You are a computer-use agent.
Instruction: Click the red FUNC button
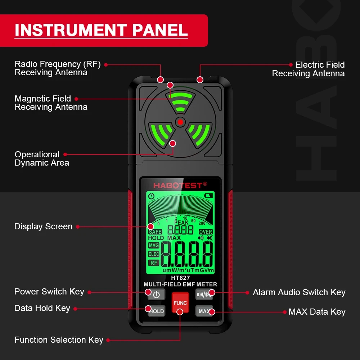[180, 302]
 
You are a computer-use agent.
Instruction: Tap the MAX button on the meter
[204, 311]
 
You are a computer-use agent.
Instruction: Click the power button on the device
[156, 294]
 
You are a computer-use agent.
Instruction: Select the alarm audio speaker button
[204, 294]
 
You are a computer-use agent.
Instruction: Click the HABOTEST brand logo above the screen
[180, 185]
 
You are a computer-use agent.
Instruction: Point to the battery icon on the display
[208, 196]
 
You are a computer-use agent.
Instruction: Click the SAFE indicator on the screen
[155, 232]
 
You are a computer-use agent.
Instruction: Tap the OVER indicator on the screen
[206, 232]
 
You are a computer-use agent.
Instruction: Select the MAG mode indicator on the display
[154, 246]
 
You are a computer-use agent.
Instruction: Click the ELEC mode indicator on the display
[154, 254]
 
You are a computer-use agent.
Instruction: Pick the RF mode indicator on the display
[154, 263]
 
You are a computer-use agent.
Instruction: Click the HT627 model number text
[180, 278]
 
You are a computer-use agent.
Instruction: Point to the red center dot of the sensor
[180, 122]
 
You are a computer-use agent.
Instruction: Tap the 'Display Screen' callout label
[43, 226]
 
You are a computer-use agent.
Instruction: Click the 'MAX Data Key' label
[317, 312]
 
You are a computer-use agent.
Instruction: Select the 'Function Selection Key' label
[59, 340]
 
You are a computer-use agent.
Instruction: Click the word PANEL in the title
[160, 30]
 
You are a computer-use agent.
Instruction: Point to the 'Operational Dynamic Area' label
[41, 158]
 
